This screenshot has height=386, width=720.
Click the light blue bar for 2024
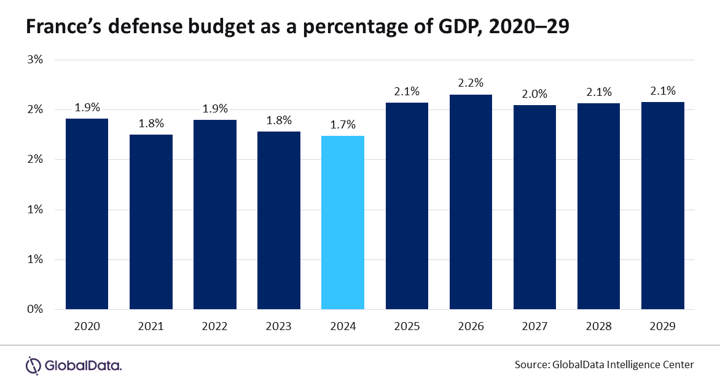(x=343, y=223)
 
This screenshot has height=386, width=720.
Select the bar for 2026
(x=471, y=202)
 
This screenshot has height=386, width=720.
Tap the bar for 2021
(x=151, y=222)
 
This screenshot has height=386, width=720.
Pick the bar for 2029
(x=662, y=205)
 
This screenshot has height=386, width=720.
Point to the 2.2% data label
(x=471, y=82)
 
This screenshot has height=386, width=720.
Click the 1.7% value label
(x=343, y=124)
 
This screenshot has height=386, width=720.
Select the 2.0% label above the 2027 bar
(x=534, y=93)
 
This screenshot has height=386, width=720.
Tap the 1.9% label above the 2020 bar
(x=87, y=107)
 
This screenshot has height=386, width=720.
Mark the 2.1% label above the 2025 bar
(x=407, y=92)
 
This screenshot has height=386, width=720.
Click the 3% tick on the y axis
(x=35, y=60)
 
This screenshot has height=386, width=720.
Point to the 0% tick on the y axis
(x=35, y=309)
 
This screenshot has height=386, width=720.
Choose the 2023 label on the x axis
(x=278, y=326)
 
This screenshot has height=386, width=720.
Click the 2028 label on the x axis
(x=598, y=326)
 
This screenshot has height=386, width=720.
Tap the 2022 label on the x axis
(x=214, y=326)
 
